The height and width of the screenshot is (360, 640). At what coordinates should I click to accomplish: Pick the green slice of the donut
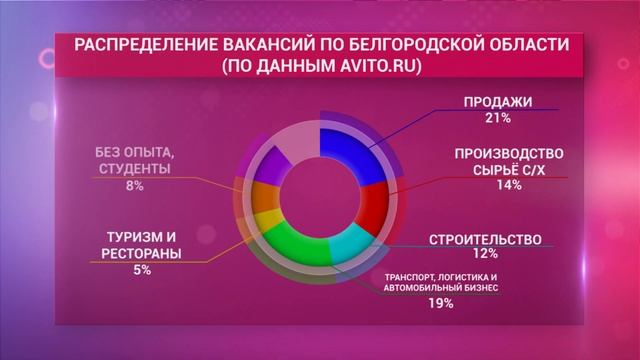296,245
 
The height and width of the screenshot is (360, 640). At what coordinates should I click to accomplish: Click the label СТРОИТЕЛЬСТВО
485,241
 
